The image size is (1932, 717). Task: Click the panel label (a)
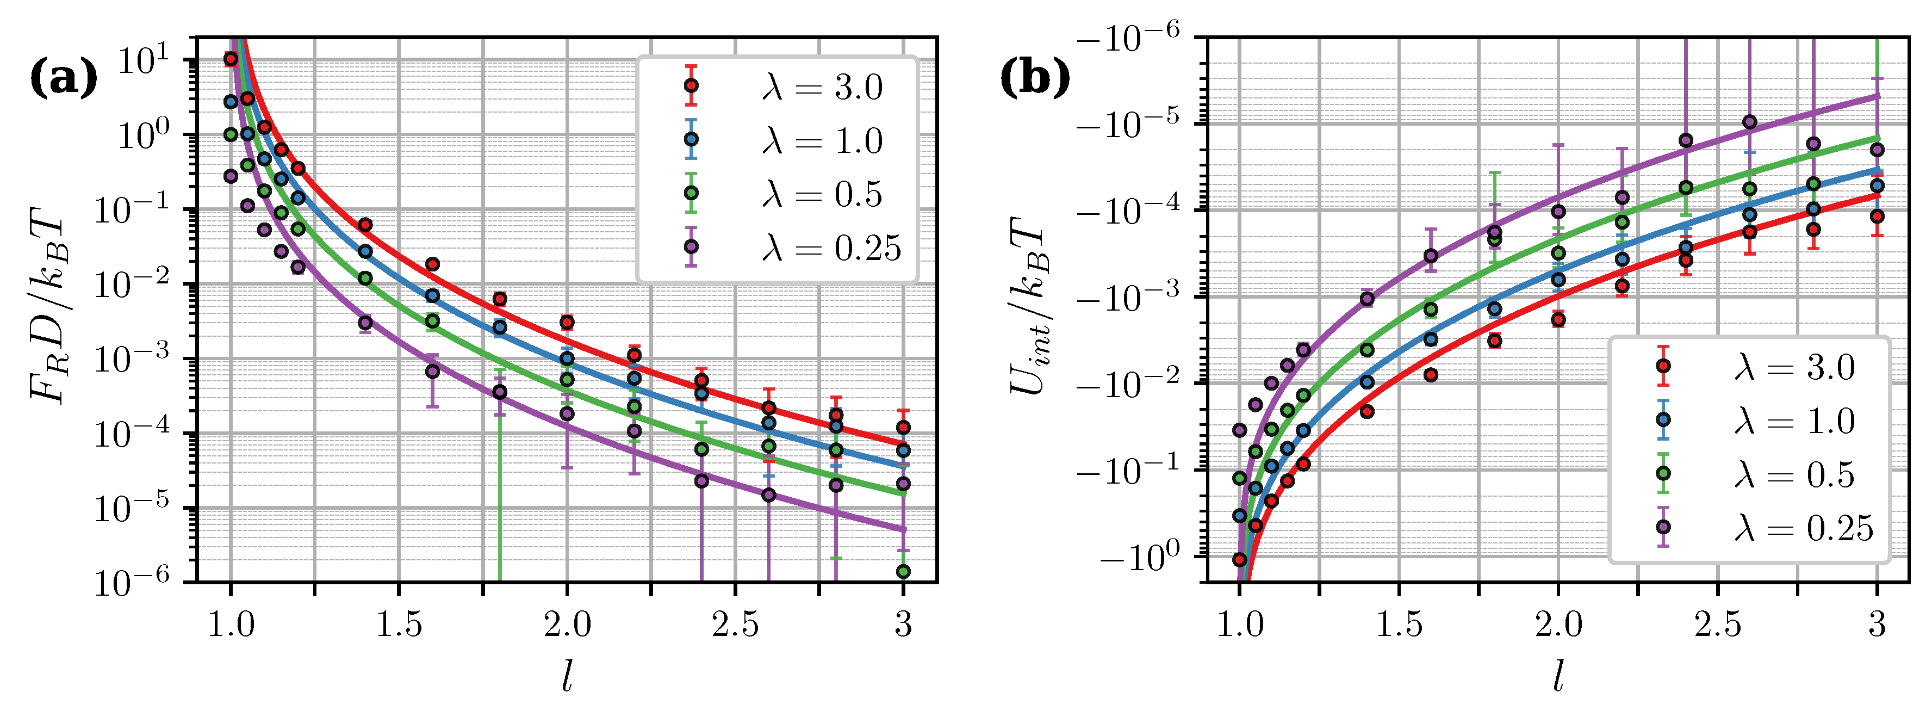63,78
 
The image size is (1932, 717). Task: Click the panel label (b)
1035,78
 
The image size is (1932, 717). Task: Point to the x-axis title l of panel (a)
567,679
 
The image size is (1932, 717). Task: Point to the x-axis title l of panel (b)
1558,679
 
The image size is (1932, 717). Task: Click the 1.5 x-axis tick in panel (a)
398,624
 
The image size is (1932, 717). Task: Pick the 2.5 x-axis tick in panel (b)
1718,624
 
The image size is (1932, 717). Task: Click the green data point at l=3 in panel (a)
904,572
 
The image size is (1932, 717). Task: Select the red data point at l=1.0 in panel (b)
1240,559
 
